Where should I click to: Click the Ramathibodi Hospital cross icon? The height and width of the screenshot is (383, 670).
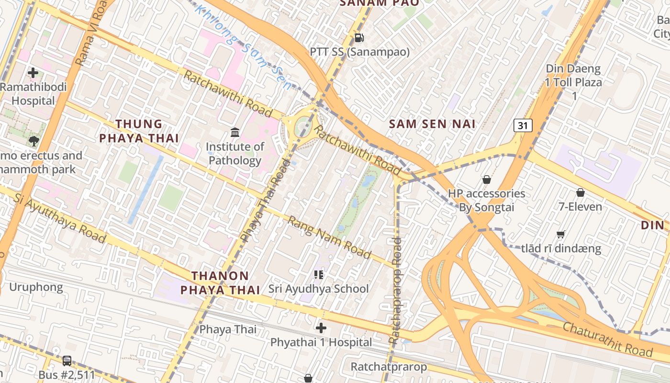(x=33, y=73)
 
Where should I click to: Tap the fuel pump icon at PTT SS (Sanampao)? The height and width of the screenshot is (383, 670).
(x=359, y=37)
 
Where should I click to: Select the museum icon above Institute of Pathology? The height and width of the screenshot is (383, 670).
(x=235, y=132)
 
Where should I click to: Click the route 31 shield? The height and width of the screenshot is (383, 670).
(x=523, y=126)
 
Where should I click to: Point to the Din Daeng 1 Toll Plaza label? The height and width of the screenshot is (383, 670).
(x=574, y=82)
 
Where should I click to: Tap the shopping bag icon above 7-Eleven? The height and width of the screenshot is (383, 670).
(x=581, y=192)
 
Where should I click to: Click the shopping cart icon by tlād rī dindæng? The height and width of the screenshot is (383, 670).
(x=561, y=234)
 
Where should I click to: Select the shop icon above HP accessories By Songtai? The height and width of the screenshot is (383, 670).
(x=487, y=180)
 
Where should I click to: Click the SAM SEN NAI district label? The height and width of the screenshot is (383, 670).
(x=432, y=124)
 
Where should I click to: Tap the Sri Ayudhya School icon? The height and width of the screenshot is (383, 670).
(x=319, y=274)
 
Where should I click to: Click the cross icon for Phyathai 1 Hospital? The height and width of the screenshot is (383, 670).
(x=321, y=328)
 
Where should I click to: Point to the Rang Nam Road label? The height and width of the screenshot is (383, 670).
(x=330, y=237)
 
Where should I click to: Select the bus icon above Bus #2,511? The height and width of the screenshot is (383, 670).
(x=67, y=361)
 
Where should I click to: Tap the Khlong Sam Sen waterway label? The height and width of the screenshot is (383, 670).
(x=244, y=48)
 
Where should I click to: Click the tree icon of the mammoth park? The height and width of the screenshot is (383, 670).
(x=33, y=141)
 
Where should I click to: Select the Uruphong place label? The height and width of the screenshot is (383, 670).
(x=36, y=287)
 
